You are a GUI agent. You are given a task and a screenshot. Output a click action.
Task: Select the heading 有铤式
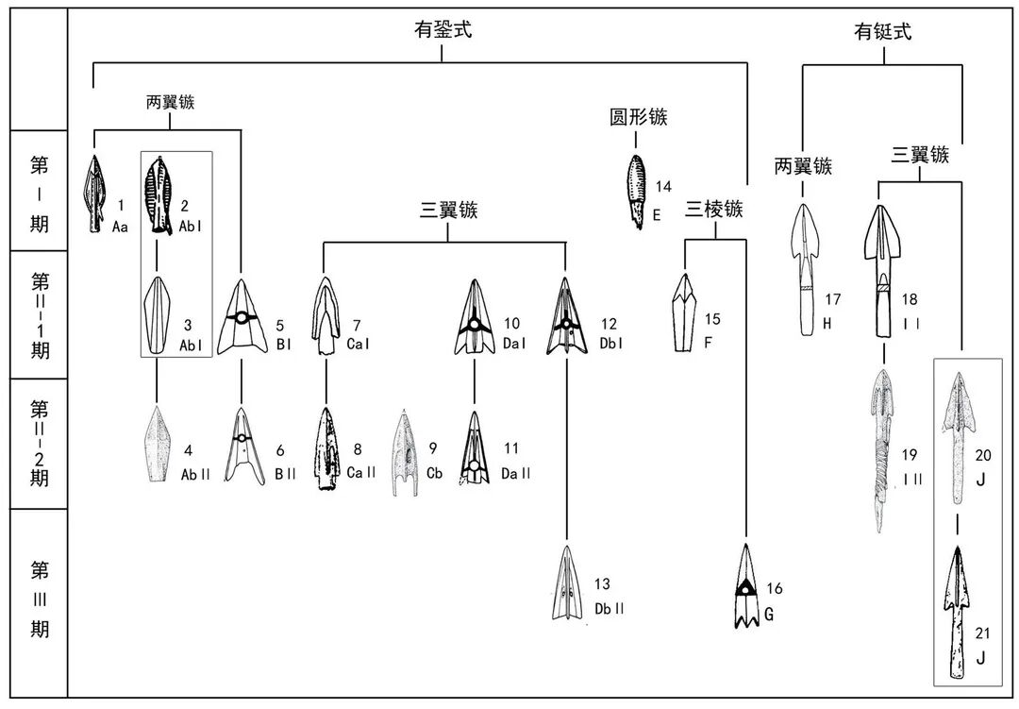(x=883, y=32)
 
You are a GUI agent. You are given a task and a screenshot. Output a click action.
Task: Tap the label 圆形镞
(x=639, y=118)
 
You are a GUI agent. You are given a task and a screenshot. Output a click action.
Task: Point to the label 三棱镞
(x=713, y=209)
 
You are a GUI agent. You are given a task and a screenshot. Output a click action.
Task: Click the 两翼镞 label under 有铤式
(x=803, y=167)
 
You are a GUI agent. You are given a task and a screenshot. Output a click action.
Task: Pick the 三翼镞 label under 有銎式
(x=448, y=211)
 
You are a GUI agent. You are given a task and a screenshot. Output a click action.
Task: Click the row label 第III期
(x=39, y=599)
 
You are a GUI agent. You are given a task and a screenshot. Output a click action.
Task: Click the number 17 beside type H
(x=832, y=301)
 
